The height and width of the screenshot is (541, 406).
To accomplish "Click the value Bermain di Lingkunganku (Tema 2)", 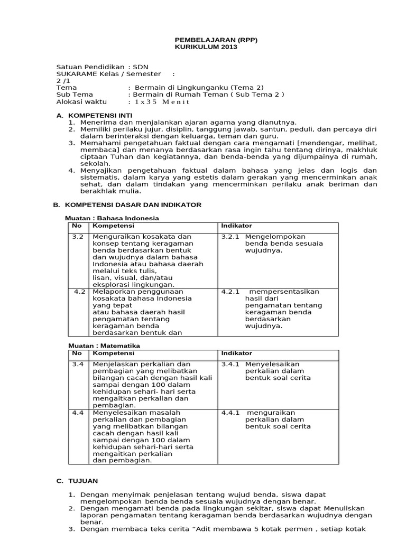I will pos(199,88).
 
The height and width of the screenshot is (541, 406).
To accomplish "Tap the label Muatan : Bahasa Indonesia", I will pos(112,218).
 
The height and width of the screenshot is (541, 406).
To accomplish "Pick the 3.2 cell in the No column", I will pos(78,237).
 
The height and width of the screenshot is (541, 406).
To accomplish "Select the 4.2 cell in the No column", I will pos(79,292).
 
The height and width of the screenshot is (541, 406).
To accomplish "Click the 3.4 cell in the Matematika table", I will pos(78,364).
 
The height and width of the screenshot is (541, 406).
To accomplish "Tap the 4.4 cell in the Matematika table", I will pos(78,413).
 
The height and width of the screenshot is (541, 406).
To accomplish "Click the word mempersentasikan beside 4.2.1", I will pos(284,292).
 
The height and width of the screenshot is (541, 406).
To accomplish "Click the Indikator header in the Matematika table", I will pos(236,353).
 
